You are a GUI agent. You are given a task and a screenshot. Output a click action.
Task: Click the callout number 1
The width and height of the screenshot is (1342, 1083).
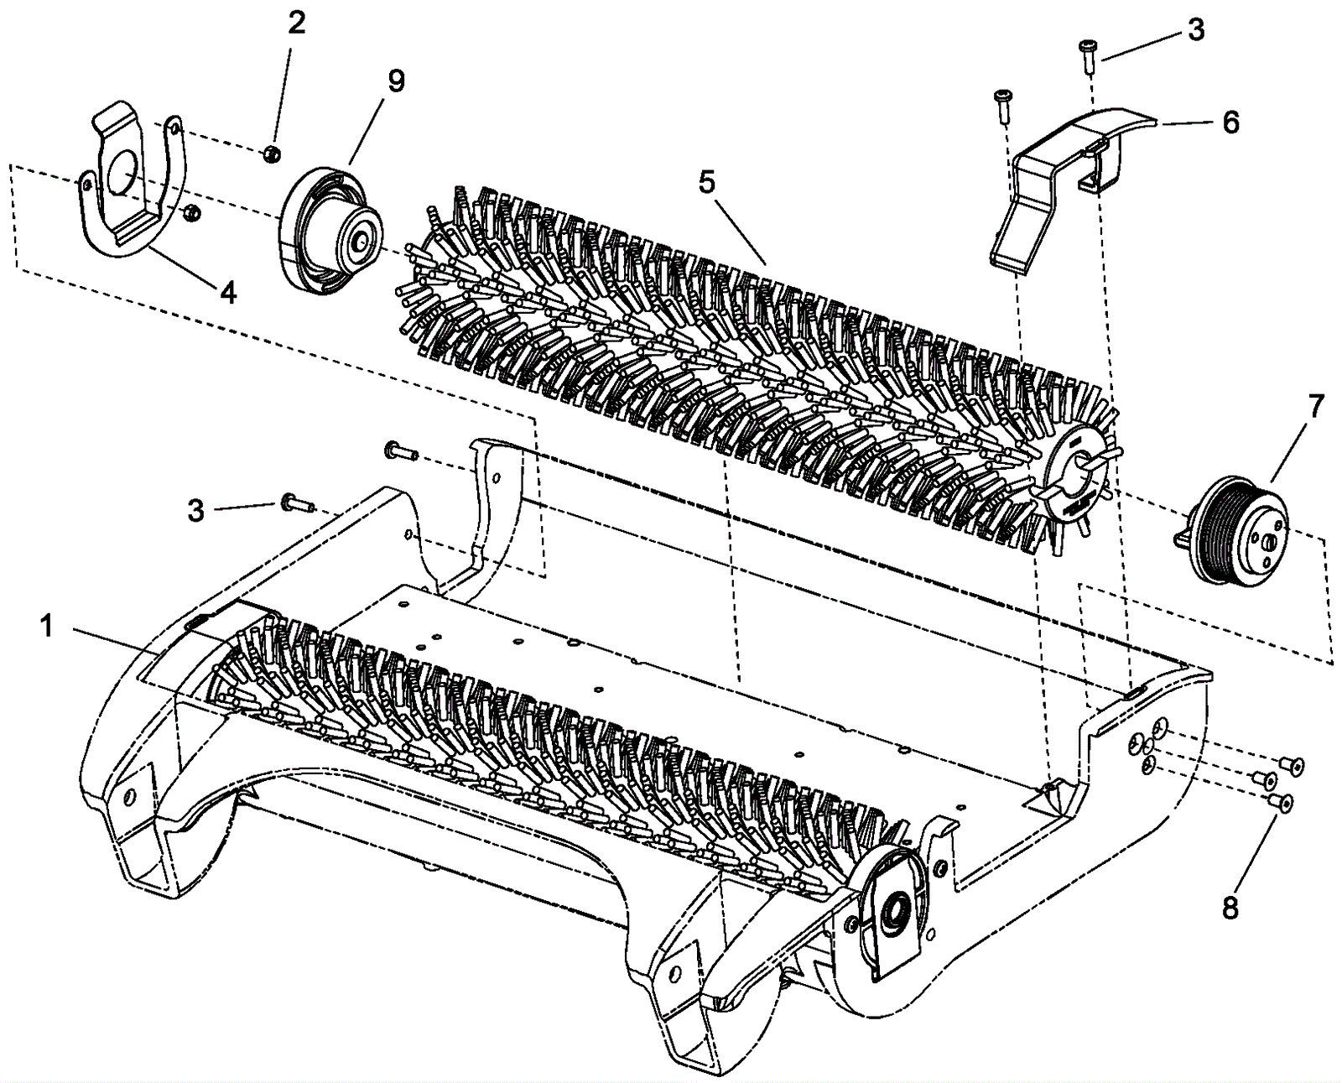(46, 625)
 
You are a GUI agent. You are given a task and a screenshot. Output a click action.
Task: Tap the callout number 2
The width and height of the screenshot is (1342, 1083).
(297, 23)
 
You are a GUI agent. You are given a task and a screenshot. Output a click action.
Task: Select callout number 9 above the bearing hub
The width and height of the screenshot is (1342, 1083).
(396, 81)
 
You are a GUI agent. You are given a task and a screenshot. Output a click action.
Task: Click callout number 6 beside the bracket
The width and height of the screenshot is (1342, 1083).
(1230, 122)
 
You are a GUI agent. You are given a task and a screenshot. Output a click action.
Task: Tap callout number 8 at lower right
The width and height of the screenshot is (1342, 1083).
(1230, 908)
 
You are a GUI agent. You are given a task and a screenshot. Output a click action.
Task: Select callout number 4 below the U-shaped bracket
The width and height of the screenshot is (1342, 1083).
(227, 293)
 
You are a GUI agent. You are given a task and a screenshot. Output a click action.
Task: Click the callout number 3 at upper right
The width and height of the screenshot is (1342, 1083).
(1195, 30)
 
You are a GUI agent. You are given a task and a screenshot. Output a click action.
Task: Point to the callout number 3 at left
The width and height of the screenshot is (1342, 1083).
(195, 510)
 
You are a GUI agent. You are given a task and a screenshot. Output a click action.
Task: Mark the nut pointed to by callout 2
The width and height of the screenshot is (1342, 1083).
(270, 153)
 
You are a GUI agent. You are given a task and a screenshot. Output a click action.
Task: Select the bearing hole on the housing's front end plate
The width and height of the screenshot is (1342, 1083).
(896, 909)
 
